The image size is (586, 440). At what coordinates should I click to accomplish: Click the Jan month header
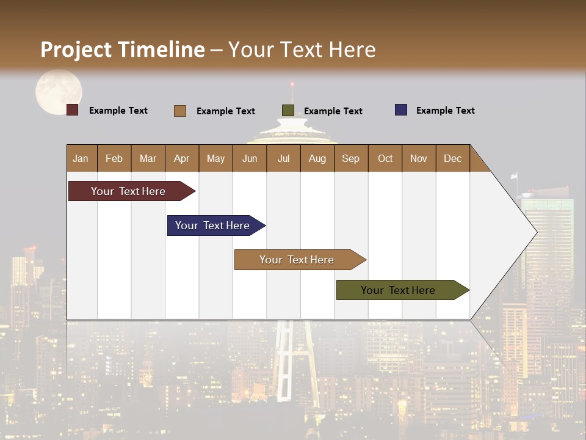pyautogui.click(x=81, y=158)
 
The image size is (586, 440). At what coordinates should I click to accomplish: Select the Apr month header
pyautogui.click(x=182, y=158)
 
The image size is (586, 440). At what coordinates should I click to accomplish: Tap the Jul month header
pyautogui.click(x=283, y=158)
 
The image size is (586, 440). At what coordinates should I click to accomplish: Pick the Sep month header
pyautogui.click(x=350, y=158)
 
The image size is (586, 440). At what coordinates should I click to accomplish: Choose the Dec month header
pyautogui.click(x=452, y=158)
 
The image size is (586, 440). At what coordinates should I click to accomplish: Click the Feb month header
pyautogui.click(x=114, y=158)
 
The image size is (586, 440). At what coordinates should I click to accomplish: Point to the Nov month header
pyautogui.click(x=419, y=158)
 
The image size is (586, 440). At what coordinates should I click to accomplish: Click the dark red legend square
pyautogui.click(x=73, y=110)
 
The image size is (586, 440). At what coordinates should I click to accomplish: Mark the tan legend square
pyautogui.click(x=180, y=111)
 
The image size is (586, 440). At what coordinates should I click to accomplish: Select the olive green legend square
pyautogui.click(x=288, y=110)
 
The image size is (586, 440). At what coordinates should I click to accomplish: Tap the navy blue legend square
pyautogui.click(x=401, y=110)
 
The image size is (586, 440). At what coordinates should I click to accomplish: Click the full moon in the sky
pyautogui.click(x=58, y=91)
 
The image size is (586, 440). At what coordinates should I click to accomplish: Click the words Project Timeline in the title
pyautogui.click(x=123, y=50)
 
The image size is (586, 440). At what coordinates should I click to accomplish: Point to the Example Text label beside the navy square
pyautogui.click(x=445, y=111)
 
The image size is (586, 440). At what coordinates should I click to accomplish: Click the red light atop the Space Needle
pyautogui.click(x=292, y=84)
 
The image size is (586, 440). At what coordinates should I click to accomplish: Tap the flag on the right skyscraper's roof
pyautogui.click(x=514, y=175)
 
